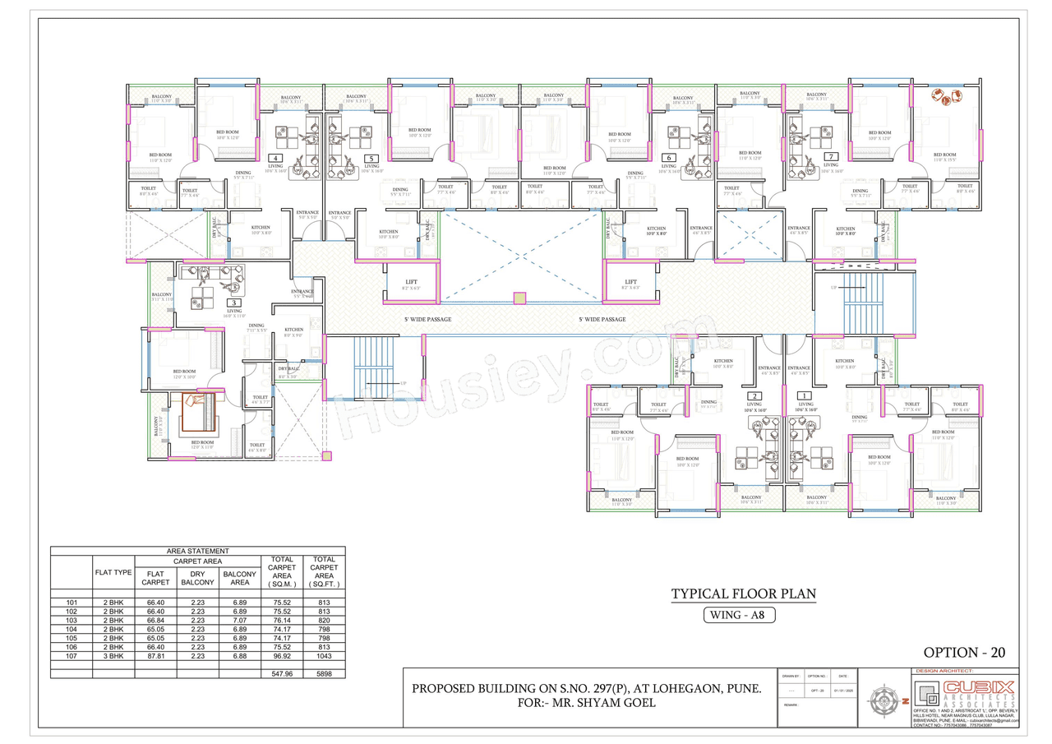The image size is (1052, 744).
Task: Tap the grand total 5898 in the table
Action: pyautogui.click(x=324, y=673)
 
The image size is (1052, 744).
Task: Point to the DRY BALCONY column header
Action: pyautogui.click(x=197, y=578)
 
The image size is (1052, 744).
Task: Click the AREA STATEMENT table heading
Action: pyautogui.click(x=197, y=551)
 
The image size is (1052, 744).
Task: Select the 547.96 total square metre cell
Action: pyautogui.click(x=282, y=673)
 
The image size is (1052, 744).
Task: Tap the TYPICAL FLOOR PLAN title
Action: pyautogui.click(x=744, y=594)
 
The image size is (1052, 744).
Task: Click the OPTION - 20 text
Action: pyautogui.click(x=964, y=653)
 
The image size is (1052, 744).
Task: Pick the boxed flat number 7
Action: pyautogui.click(x=832, y=156)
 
